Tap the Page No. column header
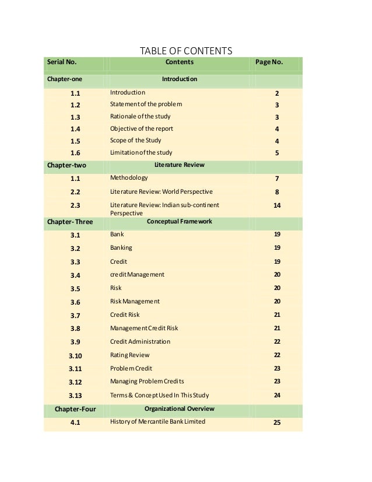[x=269, y=62]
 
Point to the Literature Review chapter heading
[x=179, y=165]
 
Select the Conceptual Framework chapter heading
[x=179, y=222]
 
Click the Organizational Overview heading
[x=179, y=409]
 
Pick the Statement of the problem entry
[x=146, y=104]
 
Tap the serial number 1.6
[x=76, y=153]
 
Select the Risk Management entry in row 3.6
[x=135, y=302]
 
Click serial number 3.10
[x=76, y=355]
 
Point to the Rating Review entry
[x=130, y=355]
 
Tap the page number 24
[x=277, y=394]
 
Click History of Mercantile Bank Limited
[x=157, y=421]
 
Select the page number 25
[x=277, y=423]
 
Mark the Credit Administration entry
[x=140, y=341]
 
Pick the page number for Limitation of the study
[x=277, y=153]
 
